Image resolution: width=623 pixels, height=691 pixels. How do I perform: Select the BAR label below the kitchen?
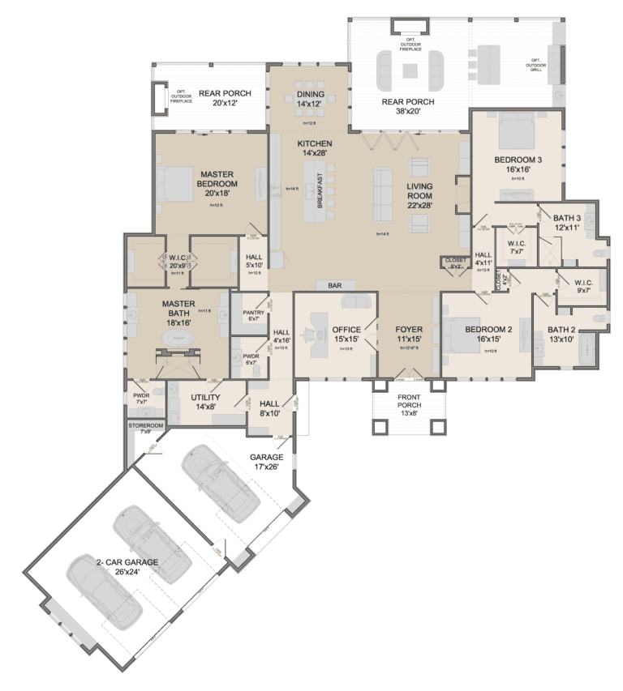(334, 285)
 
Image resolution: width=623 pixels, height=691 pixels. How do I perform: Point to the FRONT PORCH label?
(409, 403)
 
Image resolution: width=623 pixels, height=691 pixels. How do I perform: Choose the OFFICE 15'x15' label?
(346, 335)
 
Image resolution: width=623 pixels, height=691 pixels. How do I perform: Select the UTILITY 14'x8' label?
(206, 402)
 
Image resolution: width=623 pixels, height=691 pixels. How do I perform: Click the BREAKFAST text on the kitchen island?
(320, 192)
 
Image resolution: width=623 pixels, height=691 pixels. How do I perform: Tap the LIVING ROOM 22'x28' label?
(419, 194)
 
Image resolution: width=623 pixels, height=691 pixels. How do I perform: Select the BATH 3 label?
(568, 222)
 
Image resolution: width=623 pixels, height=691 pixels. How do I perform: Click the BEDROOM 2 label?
(488, 335)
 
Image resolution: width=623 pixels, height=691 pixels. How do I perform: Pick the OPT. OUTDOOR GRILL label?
(535, 64)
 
